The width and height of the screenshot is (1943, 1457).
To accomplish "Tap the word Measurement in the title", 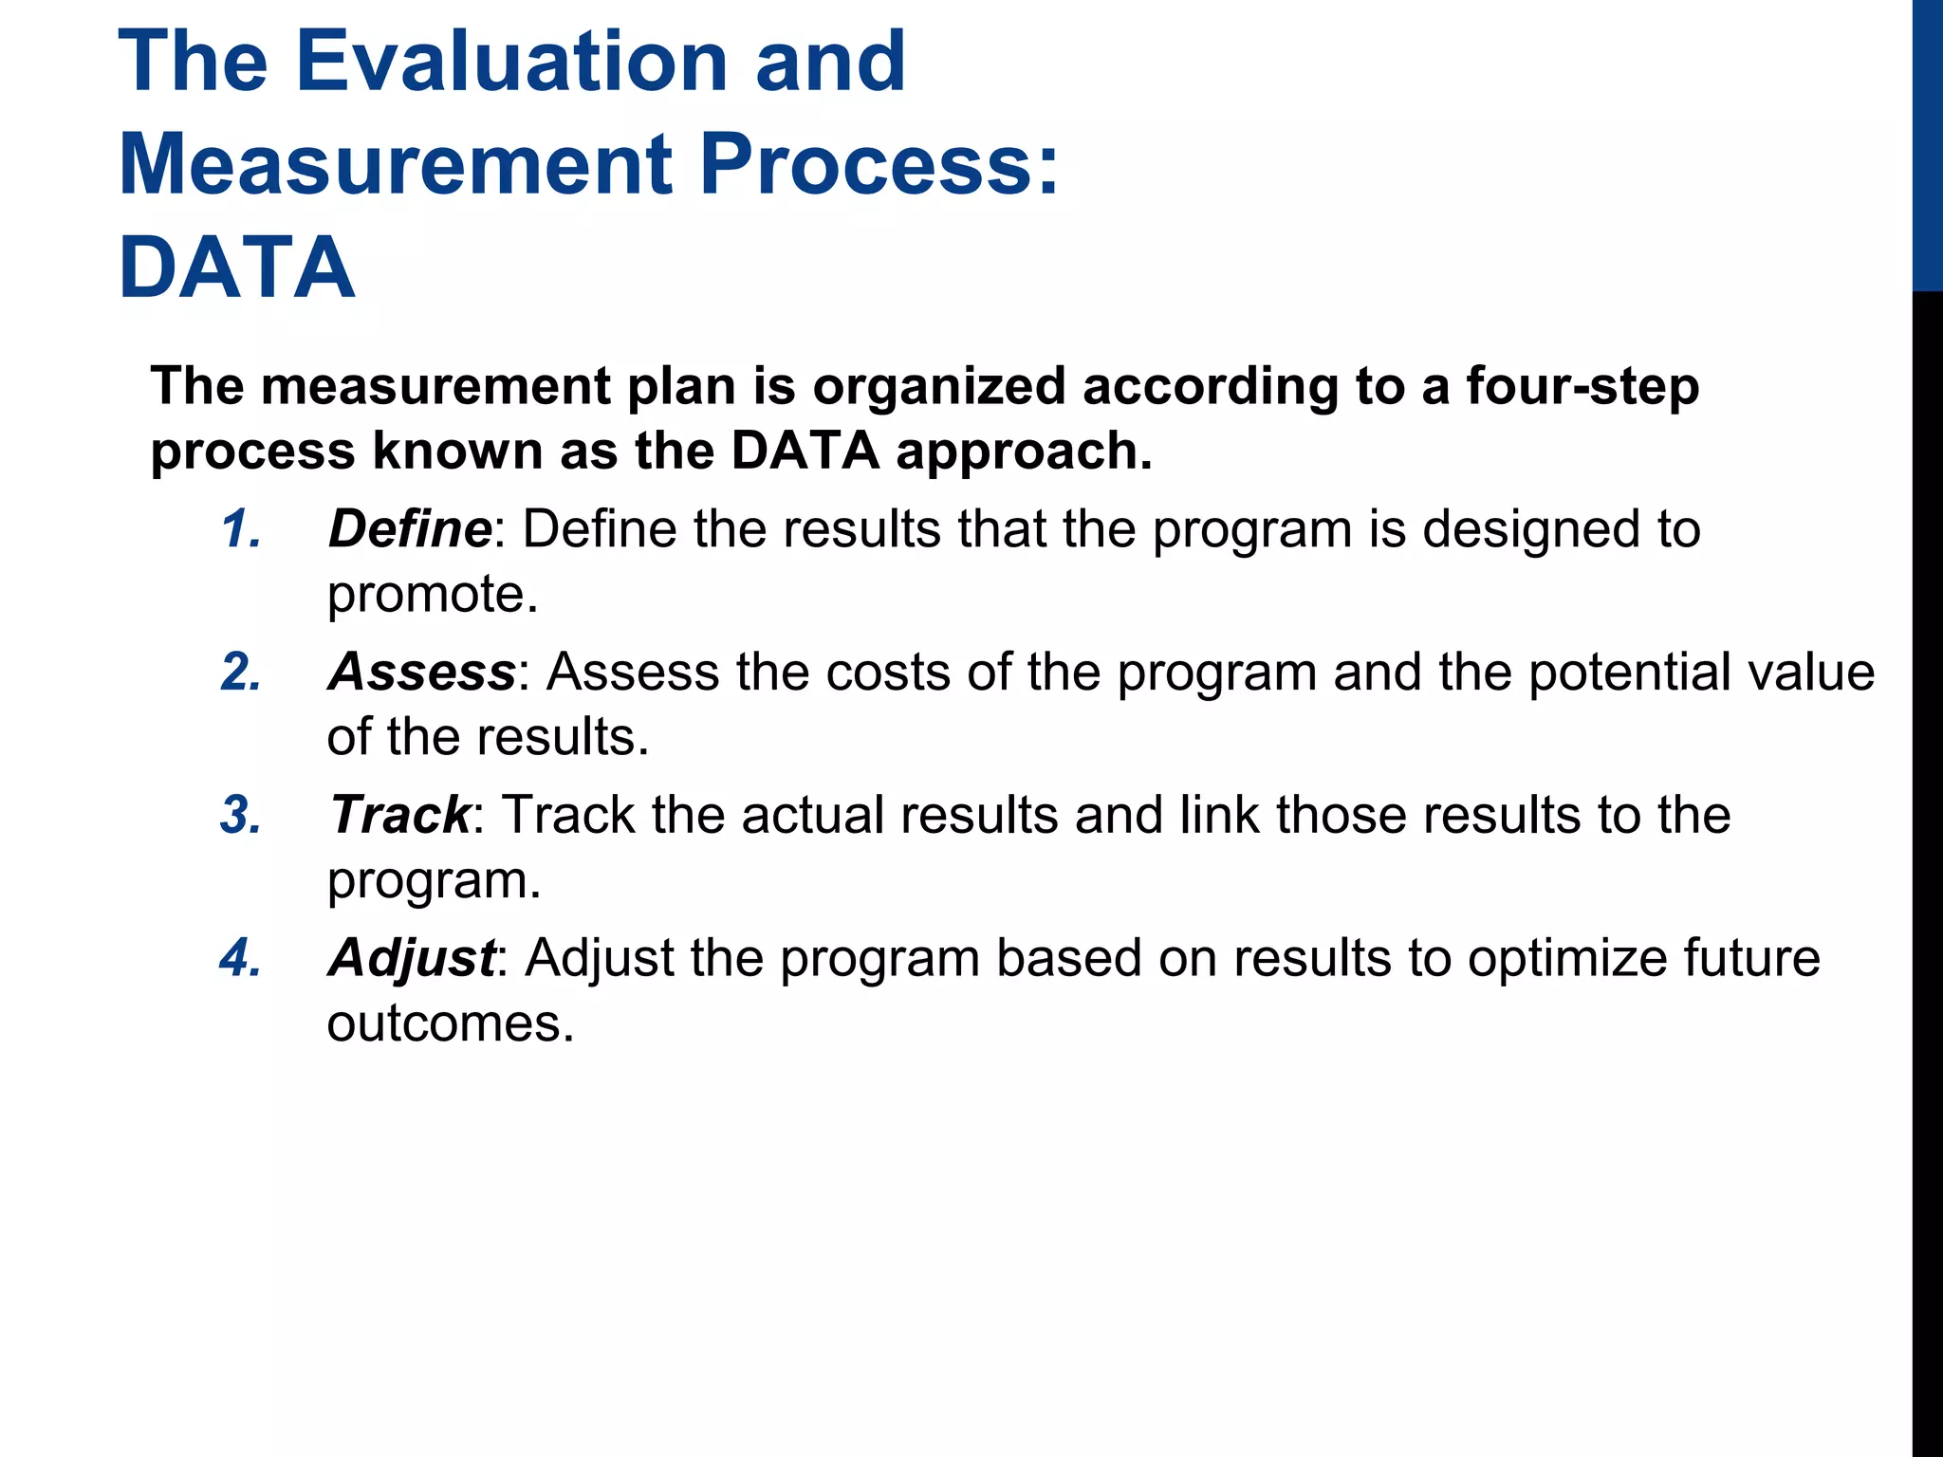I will click(396, 164).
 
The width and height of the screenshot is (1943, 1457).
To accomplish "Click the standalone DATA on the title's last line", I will click(237, 267).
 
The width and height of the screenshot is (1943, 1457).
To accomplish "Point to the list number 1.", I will click(241, 529).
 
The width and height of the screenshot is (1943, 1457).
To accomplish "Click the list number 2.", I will click(241, 673).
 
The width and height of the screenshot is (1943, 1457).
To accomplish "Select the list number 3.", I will click(241, 816).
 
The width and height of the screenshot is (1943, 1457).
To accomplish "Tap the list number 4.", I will click(241, 958).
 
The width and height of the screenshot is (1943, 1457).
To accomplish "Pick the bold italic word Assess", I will click(421, 673).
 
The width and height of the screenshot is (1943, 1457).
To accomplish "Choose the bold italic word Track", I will click(399, 816).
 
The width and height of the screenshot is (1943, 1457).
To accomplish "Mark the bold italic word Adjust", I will click(411, 958).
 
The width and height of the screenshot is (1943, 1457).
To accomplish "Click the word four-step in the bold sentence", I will click(1582, 387).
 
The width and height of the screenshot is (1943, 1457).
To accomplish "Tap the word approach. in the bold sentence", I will click(1025, 452).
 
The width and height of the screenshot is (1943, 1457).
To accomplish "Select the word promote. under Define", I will click(433, 596).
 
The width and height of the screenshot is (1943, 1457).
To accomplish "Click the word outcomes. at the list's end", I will click(451, 1024).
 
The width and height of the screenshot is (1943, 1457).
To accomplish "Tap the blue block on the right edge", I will click(1927, 144).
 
